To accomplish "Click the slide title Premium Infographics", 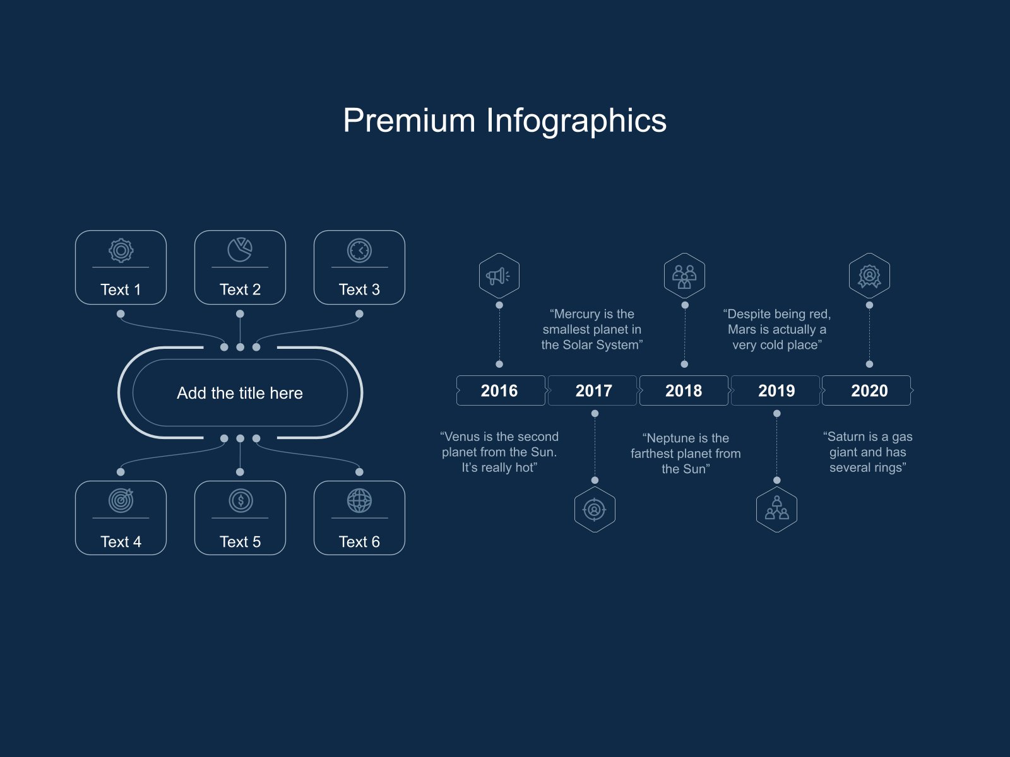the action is click(x=505, y=121).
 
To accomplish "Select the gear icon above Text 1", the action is click(x=121, y=250).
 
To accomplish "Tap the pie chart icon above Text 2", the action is click(x=241, y=250).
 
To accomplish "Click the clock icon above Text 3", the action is click(x=359, y=250).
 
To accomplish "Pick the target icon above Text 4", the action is click(x=121, y=500).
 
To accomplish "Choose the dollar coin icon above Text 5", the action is click(x=241, y=500).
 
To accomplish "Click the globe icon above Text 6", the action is click(x=359, y=500).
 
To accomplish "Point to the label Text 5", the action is click(x=241, y=542).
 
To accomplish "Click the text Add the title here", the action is click(x=240, y=393).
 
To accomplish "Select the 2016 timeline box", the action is click(x=501, y=390).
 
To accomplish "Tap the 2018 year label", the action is click(x=684, y=390).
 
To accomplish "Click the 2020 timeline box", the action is click(x=867, y=390).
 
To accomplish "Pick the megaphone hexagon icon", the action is click(x=499, y=275).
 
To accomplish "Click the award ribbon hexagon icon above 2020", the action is click(x=869, y=275).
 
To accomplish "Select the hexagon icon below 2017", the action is click(x=595, y=509).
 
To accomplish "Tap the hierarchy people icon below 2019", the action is click(x=776, y=509).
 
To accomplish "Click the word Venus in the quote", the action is click(x=462, y=437).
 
